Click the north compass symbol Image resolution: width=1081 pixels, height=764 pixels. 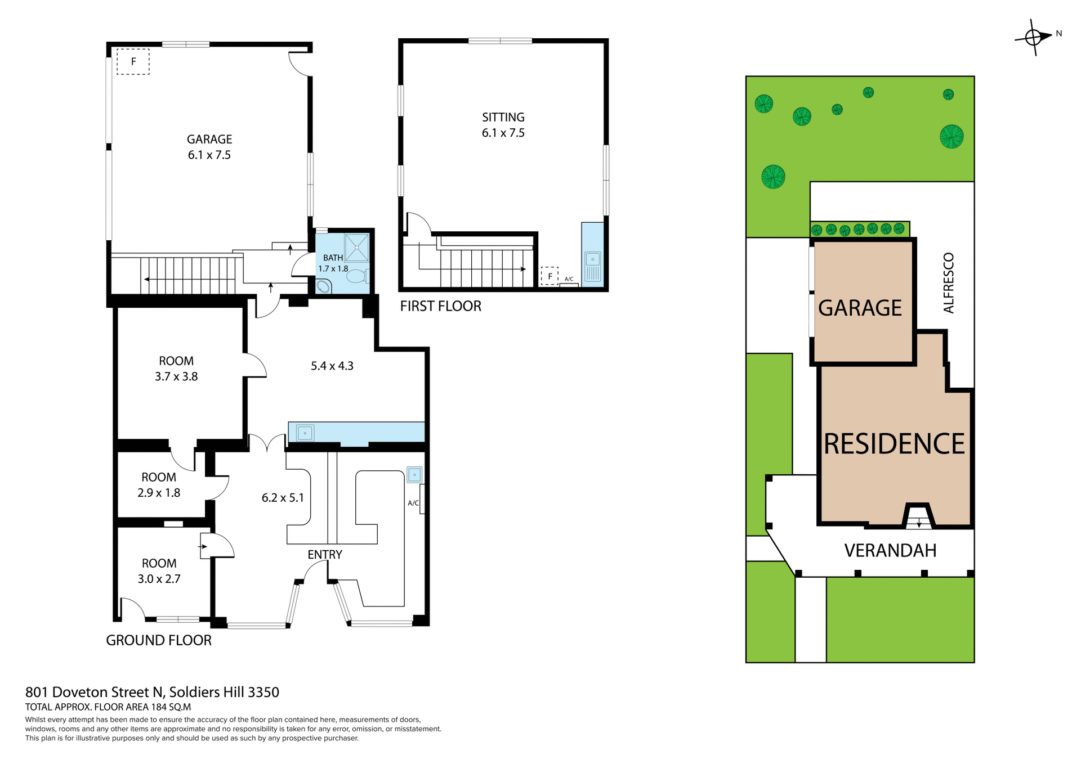pyautogui.click(x=1034, y=37)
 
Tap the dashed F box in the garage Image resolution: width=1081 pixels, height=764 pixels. pyautogui.click(x=133, y=62)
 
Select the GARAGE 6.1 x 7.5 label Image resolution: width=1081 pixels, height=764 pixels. pyautogui.click(x=209, y=147)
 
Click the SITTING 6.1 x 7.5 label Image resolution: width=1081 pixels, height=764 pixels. pyautogui.click(x=503, y=125)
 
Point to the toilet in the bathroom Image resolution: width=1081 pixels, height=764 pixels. pyautogui.click(x=356, y=276)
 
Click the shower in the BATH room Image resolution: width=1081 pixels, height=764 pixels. pyautogui.click(x=357, y=247)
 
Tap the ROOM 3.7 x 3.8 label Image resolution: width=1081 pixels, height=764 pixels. pyautogui.click(x=176, y=368)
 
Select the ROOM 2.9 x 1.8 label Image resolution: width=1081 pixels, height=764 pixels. pyautogui.click(x=159, y=485)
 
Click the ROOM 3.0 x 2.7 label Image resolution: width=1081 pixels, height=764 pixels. pyautogui.click(x=159, y=571)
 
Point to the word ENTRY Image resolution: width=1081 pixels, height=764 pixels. pyautogui.click(x=324, y=554)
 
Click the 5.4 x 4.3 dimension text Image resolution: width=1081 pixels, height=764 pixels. pyautogui.click(x=332, y=366)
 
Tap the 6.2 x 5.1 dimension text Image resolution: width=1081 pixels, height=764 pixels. pyautogui.click(x=283, y=497)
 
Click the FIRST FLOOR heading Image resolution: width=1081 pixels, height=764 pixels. pyautogui.click(x=440, y=306)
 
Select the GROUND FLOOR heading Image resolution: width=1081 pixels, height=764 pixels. pyautogui.click(x=159, y=640)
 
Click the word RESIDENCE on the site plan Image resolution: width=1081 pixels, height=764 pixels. pyautogui.click(x=894, y=444)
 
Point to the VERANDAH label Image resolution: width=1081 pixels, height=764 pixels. pyautogui.click(x=890, y=550)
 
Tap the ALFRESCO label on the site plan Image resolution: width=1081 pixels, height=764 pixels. pyautogui.click(x=949, y=283)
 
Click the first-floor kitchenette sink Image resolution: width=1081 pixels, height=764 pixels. pyautogui.click(x=593, y=260)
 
